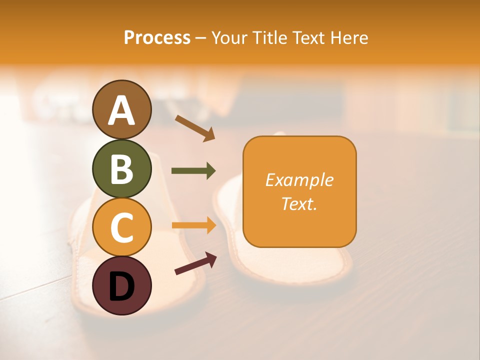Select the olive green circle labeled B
pos(121,168)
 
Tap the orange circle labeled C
pos(121,227)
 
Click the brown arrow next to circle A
pos(195,128)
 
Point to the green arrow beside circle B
pos(193,171)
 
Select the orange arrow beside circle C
pos(193,225)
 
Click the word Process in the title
pos(157,37)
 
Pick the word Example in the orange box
pos(299,180)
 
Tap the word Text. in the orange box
pos(299,203)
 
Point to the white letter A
pos(121,110)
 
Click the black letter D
pos(121,286)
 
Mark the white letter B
pos(121,168)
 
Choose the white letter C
pos(121,227)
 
